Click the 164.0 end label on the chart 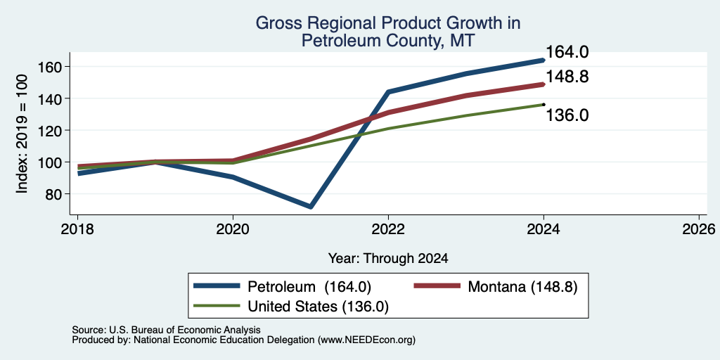coord(567,52)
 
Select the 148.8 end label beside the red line coord(567,77)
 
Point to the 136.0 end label coord(567,115)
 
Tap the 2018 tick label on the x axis coord(77,229)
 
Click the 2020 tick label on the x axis coord(233,229)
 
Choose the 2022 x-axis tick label coord(388,229)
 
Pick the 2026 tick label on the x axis coord(699,229)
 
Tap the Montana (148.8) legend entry coord(496,287)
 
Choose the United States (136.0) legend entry coord(291,307)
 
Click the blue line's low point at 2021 coord(311,207)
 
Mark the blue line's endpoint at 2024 coord(544,60)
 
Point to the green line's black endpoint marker coord(544,104)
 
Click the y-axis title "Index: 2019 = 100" coord(22,134)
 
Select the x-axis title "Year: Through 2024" coord(388,259)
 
